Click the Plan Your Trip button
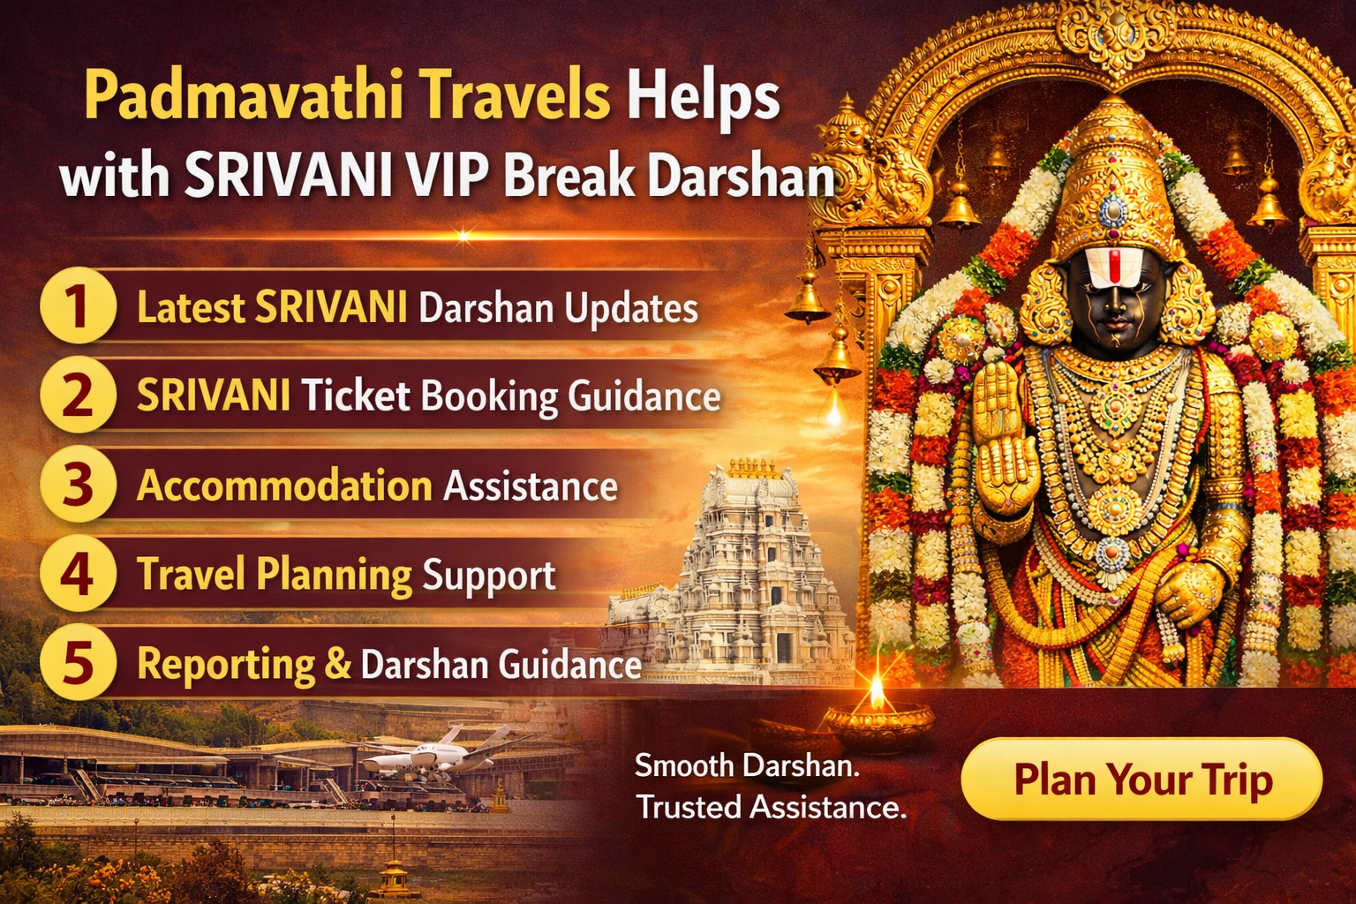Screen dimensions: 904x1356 click(1141, 780)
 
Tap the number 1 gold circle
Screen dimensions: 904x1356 click(78, 306)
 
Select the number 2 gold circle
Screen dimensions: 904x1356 click(78, 395)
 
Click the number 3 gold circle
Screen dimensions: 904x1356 click(78, 485)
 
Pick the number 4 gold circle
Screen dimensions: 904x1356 click(78, 574)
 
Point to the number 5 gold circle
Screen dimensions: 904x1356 click(78, 663)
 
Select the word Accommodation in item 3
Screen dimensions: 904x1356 click(284, 486)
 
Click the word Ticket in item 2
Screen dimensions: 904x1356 click(356, 396)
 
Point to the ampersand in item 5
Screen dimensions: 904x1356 click(337, 664)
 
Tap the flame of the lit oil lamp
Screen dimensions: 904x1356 click(877, 692)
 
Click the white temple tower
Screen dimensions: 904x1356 click(750, 565)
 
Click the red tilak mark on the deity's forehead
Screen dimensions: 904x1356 click(1115, 264)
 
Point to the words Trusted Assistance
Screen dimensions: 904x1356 click(771, 807)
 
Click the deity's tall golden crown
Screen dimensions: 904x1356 click(1113, 177)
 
